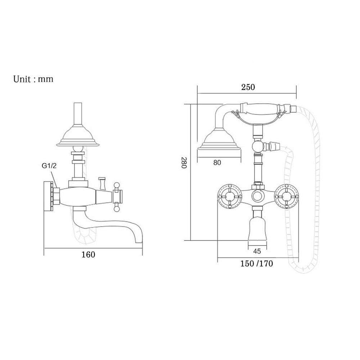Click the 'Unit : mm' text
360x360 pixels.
pyautogui.click(x=33, y=79)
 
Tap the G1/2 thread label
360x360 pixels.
pyautogui.click(x=49, y=166)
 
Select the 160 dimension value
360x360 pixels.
pyautogui.click(x=89, y=255)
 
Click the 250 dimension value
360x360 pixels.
pyautogui.click(x=248, y=87)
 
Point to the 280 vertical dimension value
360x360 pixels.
pyautogui.click(x=184, y=163)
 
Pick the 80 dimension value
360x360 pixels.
pyautogui.click(x=217, y=163)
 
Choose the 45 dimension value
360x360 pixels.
pyautogui.click(x=257, y=251)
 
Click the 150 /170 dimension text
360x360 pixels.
pyautogui.click(x=257, y=264)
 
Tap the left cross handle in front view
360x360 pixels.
pyautogui.click(x=230, y=197)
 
